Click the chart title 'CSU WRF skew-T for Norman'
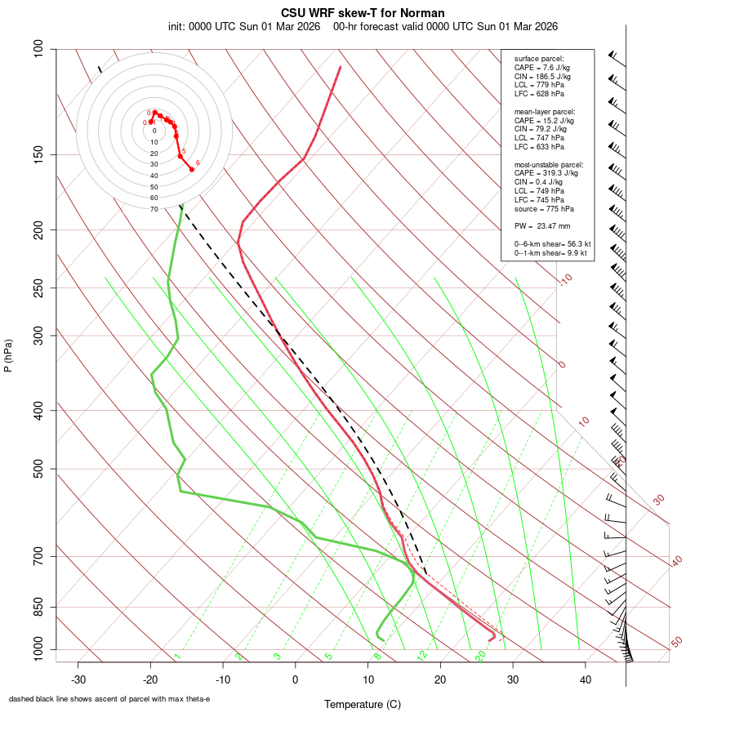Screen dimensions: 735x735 [363, 13]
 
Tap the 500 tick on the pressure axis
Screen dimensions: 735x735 [39, 469]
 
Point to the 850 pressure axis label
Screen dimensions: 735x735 [39, 607]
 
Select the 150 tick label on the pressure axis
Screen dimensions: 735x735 [39, 154]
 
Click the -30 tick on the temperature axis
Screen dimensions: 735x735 [78, 679]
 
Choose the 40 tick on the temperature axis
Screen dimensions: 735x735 [585, 679]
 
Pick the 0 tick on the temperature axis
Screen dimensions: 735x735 [296, 679]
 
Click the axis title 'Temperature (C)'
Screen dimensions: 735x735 [363, 704]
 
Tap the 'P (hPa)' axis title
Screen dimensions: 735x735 [8, 355]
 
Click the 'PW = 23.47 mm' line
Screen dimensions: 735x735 [542, 226]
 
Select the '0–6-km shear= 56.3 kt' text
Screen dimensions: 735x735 [552, 243]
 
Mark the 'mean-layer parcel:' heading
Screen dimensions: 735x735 [545, 111]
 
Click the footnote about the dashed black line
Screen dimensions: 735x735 [109, 699]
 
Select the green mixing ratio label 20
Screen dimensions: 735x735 [480, 655]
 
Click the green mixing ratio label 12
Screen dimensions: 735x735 [422, 655]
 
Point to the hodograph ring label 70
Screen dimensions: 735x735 [154, 209]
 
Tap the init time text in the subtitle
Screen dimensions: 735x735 [243, 26]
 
